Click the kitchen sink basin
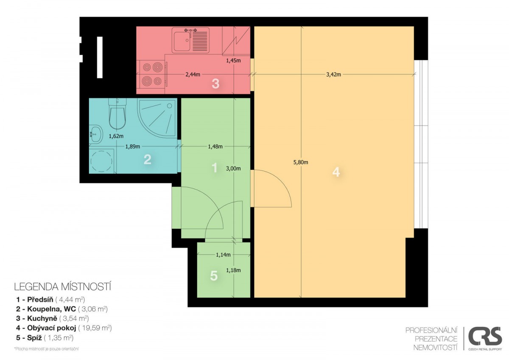[x=182, y=41]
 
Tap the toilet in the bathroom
[x=117, y=114]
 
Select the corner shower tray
[x=157, y=118]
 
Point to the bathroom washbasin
[x=96, y=134]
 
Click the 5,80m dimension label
[x=301, y=162]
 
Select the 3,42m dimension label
[x=333, y=74]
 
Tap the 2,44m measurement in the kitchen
[x=193, y=74]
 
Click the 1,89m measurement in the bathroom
[x=133, y=146]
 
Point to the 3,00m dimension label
[x=233, y=169]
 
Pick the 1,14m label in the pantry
[x=223, y=255]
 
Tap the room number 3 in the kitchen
[x=215, y=84]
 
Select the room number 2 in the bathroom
[x=148, y=160]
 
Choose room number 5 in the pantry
[x=214, y=276]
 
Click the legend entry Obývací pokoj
[x=64, y=328]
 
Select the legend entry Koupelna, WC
[x=62, y=309]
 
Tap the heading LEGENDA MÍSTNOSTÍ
[x=63, y=287]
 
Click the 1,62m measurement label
[x=116, y=136]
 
